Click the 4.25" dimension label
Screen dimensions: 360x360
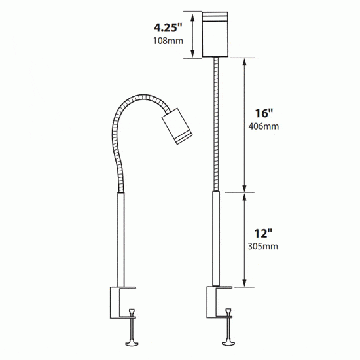[x=168, y=27]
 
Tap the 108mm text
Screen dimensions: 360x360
[x=168, y=41]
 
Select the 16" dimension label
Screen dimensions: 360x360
[x=264, y=113]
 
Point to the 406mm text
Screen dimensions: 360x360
[x=264, y=126]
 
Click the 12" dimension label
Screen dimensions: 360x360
[x=263, y=234]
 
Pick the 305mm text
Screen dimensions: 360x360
[x=263, y=246]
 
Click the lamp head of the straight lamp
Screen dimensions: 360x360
[x=215, y=35]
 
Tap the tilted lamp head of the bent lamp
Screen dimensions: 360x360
[x=177, y=126]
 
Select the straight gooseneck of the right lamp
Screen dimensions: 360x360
[x=215, y=124]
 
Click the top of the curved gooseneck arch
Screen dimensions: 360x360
[x=143, y=96]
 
